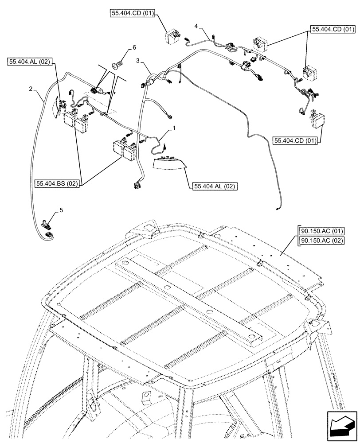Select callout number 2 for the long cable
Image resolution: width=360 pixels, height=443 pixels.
pyautogui.click(x=30, y=89)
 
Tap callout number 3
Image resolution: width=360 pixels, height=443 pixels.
pyautogui.click(x=138, y=60)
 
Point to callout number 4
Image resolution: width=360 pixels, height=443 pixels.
pyautogui.click(x=196, y=27)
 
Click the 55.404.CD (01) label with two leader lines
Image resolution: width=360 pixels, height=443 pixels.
pyautogui.click(x=333, y=30)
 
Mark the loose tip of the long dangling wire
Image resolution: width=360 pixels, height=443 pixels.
pyautogui.click(x=277, y=206)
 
